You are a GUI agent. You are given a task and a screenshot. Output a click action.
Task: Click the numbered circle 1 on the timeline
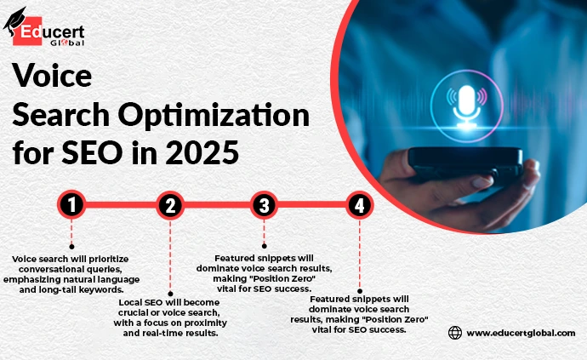71,205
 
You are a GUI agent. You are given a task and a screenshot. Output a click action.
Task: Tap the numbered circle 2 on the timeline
170,205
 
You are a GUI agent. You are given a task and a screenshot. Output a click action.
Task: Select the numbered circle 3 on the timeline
264,205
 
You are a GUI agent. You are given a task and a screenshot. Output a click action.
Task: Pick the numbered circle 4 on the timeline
359,205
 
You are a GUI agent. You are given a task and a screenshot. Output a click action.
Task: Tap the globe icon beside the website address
455,333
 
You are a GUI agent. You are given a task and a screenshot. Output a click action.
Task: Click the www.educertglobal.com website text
521,333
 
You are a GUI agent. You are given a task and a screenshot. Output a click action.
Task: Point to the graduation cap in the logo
14,23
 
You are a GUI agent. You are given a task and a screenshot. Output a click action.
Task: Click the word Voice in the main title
52,76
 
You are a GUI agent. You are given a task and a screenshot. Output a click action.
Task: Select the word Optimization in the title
214,116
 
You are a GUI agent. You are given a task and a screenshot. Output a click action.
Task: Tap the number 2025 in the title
202,152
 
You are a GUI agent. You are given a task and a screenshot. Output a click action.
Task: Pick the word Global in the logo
67,43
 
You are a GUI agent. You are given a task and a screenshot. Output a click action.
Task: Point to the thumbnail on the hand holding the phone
482,182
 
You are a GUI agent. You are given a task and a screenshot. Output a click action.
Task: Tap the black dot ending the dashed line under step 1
71,247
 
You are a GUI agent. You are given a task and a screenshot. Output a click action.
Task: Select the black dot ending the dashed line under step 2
170,294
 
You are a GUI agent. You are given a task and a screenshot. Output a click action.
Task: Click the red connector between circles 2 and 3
217,205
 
